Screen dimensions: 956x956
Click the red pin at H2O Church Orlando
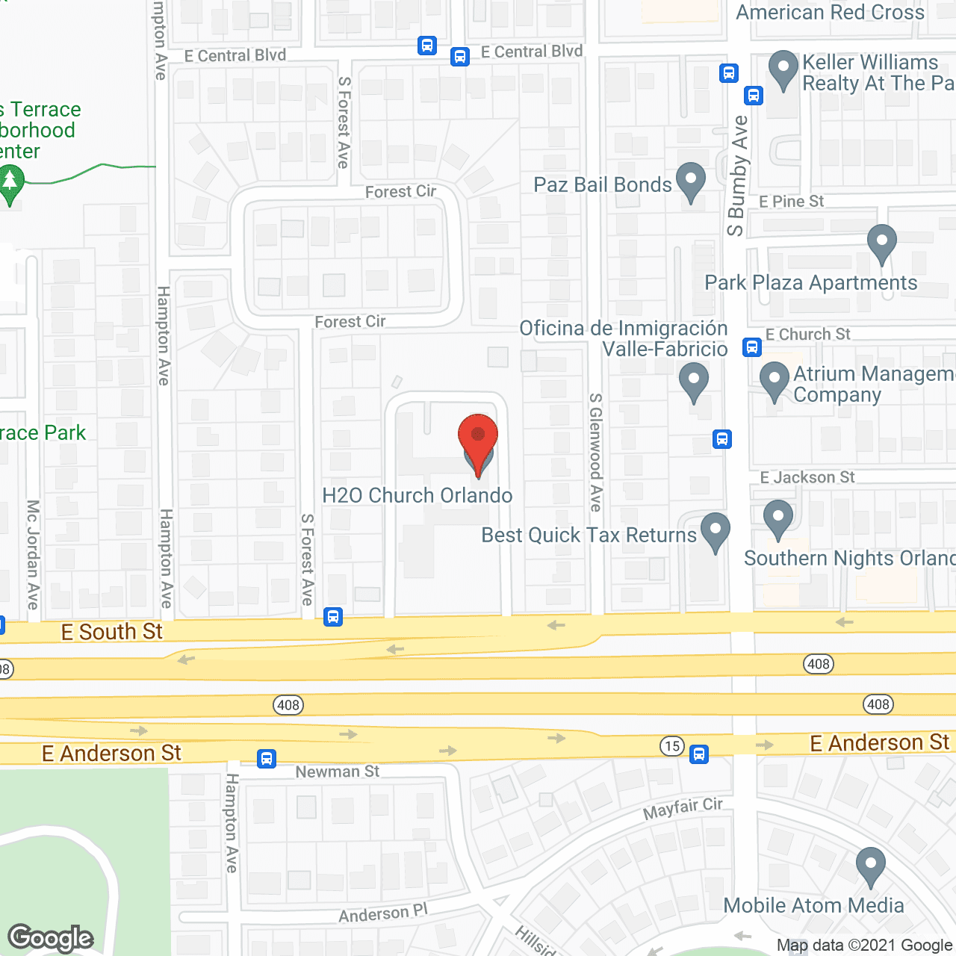(x=478, y=441)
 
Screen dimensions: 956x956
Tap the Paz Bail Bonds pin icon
(x=691, y=181)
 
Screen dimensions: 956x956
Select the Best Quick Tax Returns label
(x=589, y=536)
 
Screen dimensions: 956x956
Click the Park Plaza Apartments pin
(x=882, y=243)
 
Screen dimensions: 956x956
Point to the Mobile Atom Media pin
(x=870, y=866)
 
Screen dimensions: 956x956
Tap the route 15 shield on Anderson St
(x=672, y=745)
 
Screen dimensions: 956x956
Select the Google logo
(x=51, y=938)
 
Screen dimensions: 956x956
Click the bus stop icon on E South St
(x=333, y=617)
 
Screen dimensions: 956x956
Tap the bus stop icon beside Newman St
(x=267, y=759)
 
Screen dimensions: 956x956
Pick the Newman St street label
(x=338, y=772)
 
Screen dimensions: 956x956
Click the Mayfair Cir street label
(x=683, y=807)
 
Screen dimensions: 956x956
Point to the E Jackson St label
(x=807, y=477)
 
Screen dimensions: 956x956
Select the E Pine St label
(x=791, y=202)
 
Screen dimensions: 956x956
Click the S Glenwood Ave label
(x=596, y=453)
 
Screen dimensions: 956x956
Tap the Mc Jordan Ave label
(x=34, y=554)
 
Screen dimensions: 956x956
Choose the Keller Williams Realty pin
(x=783, y=69)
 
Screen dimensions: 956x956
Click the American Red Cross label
(x=830, y=13)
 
